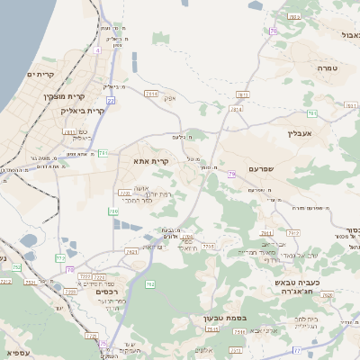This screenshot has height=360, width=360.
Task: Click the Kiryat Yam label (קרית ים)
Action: pyautogui.click(x=40, y=74)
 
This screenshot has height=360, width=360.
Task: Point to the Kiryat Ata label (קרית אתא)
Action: pyautogui.click(x=150, y=160)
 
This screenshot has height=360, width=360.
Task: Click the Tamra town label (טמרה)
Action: pyautogui.click(x=327, y=68)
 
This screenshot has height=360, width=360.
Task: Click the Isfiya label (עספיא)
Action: pyautogui.click(x=17, y=353)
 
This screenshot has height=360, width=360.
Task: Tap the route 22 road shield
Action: pyautogui.click(x=110, y=101)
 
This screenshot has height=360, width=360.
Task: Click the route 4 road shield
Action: pyautogui.click(x=97, y=50)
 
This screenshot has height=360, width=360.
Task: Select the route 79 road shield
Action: pyautogui.click(x=231, y=174)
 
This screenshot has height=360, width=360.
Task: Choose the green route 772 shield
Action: pyautogui.click(x=59, y=258)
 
